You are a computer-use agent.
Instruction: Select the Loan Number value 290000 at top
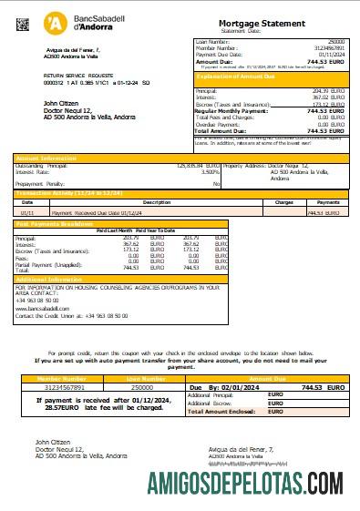pyautogui.click(x=335, y=42)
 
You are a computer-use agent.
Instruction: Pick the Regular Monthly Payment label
pyautogui.click(x=232, y=110)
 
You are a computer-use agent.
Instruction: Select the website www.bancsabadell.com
pyautogui.click(x=43, y=309)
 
